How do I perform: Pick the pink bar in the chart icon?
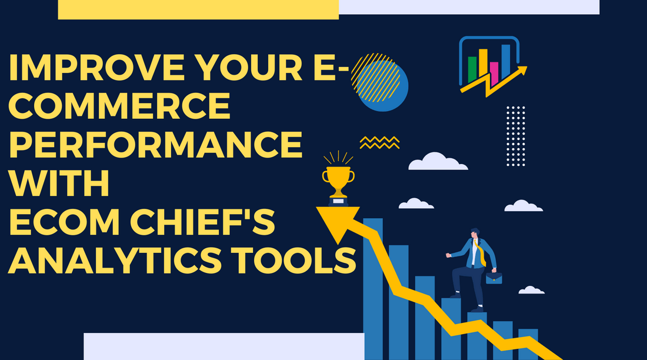(x=494, y=72)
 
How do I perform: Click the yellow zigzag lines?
(x=379, y=142)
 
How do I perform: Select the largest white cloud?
(x=438, y=162)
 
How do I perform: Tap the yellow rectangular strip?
(x=198, y=9)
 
